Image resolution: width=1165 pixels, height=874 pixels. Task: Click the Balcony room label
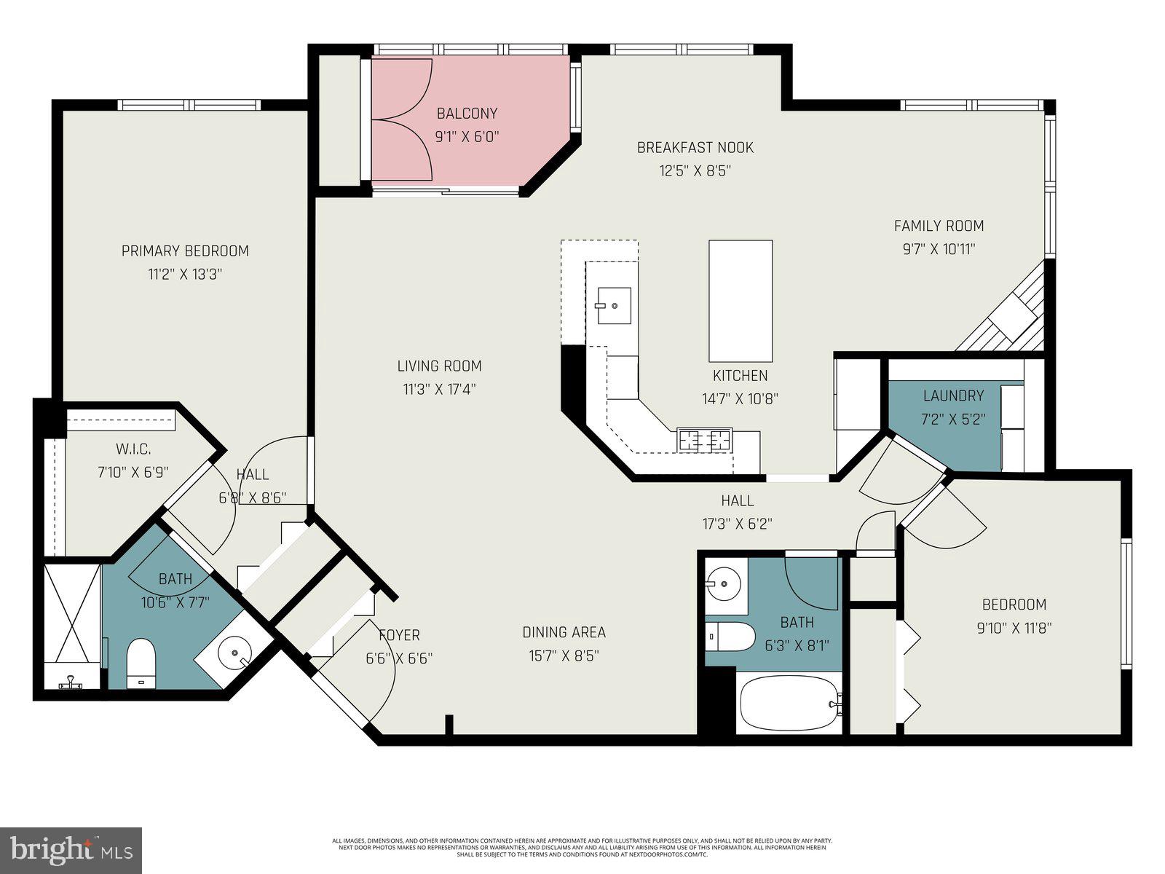point(467,114)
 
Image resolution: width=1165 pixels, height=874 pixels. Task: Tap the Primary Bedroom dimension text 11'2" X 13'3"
point(184,275)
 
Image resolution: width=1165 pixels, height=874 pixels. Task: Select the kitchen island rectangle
point(741,301)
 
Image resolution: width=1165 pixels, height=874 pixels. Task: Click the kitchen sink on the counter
point(613,306)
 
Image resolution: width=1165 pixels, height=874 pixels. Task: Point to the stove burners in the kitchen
point(704,441)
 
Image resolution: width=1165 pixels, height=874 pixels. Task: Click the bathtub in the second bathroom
point(789,704)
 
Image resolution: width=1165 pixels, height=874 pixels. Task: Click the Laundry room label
point(953,395)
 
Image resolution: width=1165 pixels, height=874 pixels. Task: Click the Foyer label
point(399,635)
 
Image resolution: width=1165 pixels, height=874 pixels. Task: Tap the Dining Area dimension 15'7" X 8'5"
point(564,656)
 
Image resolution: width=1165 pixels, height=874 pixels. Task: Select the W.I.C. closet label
point(133,449)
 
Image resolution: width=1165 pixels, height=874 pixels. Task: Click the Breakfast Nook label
point(695,148)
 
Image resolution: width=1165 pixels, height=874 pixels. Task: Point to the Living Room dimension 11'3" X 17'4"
point(439,390)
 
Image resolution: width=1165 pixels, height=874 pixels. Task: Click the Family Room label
point(939,226)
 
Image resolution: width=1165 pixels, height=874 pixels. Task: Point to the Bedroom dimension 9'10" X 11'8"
point(1014,628)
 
